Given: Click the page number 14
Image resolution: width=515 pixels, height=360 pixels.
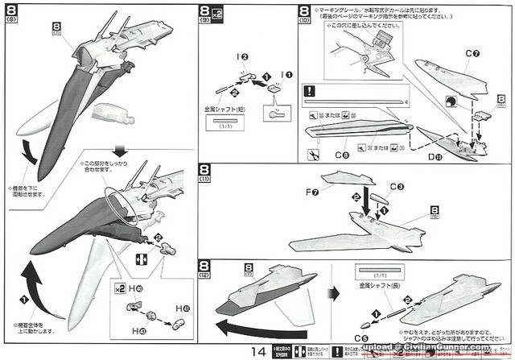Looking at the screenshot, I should tap(257, 350).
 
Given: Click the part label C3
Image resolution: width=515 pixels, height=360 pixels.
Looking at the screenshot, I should tap(397, 186).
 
